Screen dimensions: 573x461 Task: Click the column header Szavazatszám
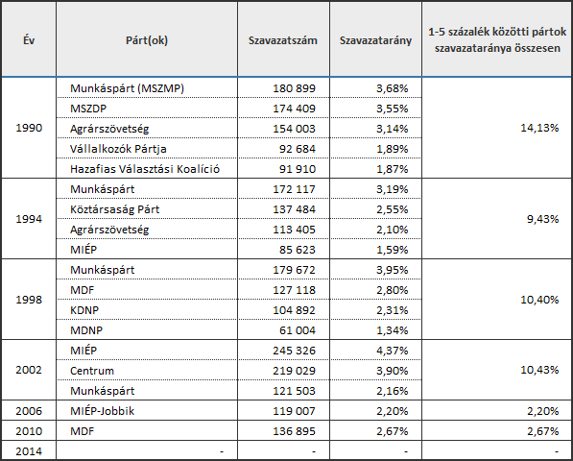click(x=283, y=40)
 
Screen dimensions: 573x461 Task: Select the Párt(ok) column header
click(x=147, y=40)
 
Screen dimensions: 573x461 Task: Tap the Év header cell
click(x=29, y=39)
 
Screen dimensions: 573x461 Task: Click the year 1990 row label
click(x=29, y=128)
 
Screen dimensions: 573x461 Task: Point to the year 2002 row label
click(x=29, y=370)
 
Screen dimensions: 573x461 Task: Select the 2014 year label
click(x=29, y=451)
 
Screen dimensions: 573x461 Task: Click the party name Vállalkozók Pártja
click(x=118, y=149)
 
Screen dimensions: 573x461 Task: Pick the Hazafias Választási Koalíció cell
click(x=145, y=169)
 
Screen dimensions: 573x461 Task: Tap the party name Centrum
click(x=92, y=371)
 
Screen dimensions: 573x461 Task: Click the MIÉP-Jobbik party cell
click(x=102, y=411)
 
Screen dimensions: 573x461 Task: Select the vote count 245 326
click(x=294, y=351)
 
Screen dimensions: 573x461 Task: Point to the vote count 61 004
click(x=298, y=330)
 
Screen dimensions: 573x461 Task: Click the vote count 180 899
click(x=294, y=88)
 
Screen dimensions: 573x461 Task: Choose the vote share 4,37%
click(x=393, y=351)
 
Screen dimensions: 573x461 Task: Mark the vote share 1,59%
click(x=393, y=250)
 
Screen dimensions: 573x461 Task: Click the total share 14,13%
click(x=539, y=128)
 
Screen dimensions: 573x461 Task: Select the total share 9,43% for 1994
click(x=542, y=219)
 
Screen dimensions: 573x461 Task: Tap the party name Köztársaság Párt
click(x=115, y=209)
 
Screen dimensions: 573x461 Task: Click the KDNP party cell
click(x=84, y=310)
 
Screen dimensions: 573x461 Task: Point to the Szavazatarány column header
click(x=375, y=40)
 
